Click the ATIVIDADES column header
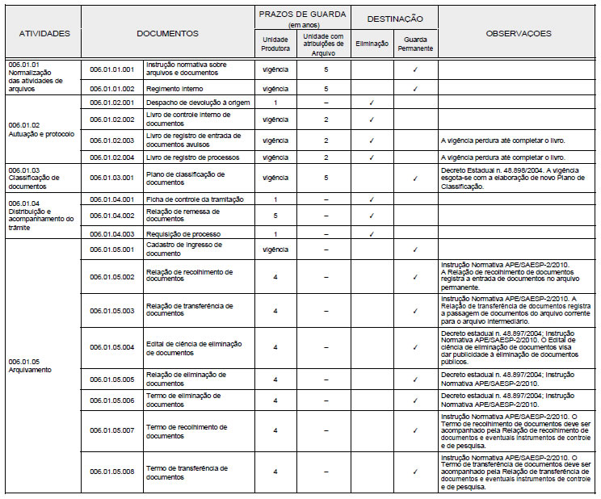[x=44, y=33]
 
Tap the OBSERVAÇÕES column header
[x=519, y=33]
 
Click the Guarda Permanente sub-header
[x=415, y=44]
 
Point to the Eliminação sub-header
[x=372, y=44]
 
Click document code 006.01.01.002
[x=111, y=88]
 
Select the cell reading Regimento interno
[x=174, y=88]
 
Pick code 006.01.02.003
[x=111, y=140]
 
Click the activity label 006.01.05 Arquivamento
[x=30, y=364]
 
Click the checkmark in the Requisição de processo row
[x=372, y=233]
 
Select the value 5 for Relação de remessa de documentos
[x=275, y=216]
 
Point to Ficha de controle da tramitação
[x=195, y=199]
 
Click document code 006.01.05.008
[x=111, y=472]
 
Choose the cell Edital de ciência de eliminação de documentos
[x=194, y=348]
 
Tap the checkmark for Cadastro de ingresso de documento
[x=415, y=249]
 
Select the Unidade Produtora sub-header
[x=275, y=44]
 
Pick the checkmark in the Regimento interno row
[x=415, y=88]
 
